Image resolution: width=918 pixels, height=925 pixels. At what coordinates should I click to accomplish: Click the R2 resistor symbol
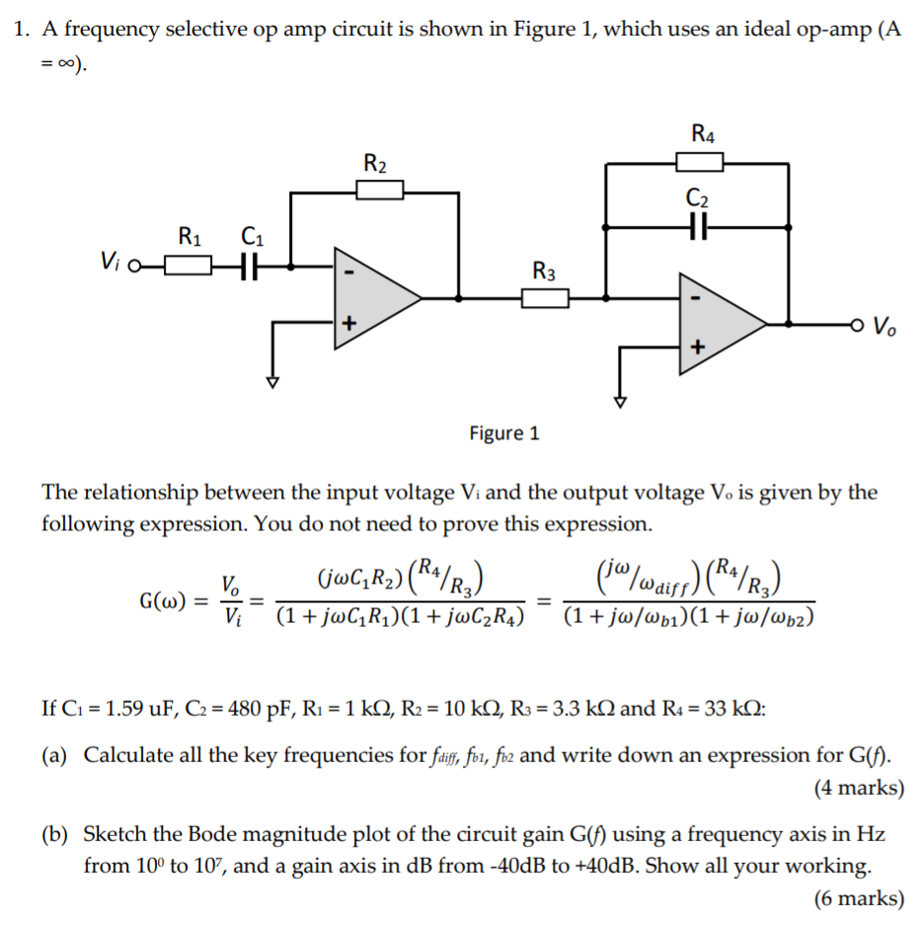coord(380,189)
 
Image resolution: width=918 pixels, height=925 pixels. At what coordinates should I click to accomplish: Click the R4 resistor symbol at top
coord(700,160)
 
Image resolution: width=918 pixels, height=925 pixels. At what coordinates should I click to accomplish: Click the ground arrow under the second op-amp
coord(620,401)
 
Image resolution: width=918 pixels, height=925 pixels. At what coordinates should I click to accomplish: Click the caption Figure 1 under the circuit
coord(504,432)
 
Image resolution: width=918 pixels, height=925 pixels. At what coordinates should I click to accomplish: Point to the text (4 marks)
coord(859,788)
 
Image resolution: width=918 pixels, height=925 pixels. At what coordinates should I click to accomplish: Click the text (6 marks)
coord(859,898)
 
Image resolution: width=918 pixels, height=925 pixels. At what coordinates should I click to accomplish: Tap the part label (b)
coord(54,835)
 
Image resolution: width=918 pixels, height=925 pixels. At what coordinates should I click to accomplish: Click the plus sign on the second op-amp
coord(699,347)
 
